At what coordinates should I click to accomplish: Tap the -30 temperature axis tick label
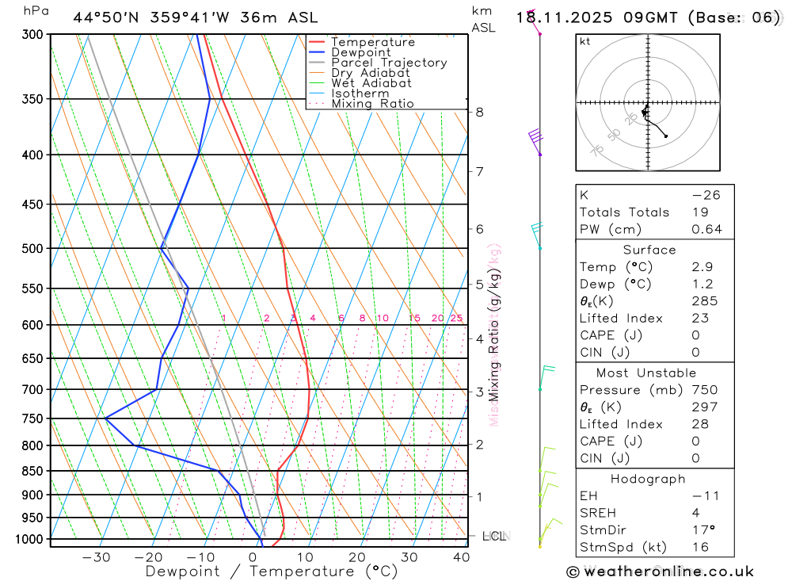tap(96, 557)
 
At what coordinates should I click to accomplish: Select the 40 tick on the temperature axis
tap(460, 557)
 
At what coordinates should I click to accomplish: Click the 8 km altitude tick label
tap(479, 112)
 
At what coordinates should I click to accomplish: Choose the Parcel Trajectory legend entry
tap(389, 63)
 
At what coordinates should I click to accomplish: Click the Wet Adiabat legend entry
tap(371, 83)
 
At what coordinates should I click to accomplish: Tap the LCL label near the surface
tap(493, 537)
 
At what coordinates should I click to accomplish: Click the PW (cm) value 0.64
tap(706, 230)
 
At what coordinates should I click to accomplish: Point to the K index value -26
tap(706, 195)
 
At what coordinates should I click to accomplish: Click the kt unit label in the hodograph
tap(585, 41)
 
